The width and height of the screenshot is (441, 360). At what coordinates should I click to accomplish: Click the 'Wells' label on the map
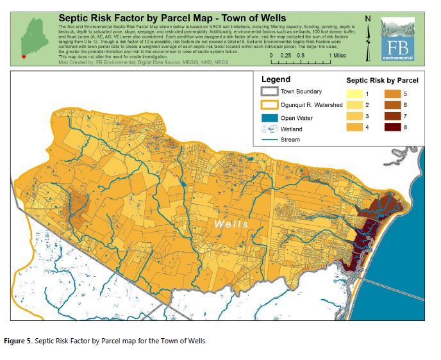pos(231,224)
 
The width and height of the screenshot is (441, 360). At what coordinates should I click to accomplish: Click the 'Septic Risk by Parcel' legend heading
pos(382,81)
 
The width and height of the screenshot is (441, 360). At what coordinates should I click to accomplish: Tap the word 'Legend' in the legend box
pos(276,79)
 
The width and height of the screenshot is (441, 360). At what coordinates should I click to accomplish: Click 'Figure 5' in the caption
pos(28,341)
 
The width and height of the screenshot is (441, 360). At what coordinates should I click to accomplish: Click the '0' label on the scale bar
pos(271,56)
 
